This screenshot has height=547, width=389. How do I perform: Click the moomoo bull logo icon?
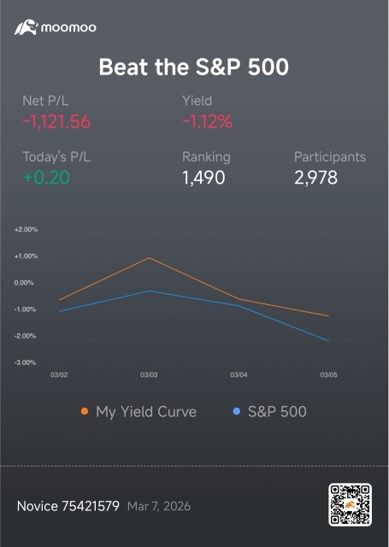tap(26, 27)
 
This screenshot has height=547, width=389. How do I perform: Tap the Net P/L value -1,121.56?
tap(56, 121)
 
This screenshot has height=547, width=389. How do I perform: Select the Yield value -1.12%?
tap(207, 121)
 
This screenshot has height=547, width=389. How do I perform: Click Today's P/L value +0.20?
tap(46, 178)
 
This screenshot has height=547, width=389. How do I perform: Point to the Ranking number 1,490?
tap(203, 178)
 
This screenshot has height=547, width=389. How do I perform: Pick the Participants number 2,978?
tap(315, 178)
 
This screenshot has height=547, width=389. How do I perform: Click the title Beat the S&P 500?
tap(194, 67)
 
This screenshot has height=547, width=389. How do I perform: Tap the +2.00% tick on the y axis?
tap(26, 230)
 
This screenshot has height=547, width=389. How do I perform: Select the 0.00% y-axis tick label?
tap(24, 283)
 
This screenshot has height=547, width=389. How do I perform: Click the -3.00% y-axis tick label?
tap(25, 362)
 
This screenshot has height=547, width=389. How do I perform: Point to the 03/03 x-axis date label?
tap(149, 375)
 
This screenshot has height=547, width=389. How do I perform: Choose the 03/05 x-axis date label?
tap(328, 375)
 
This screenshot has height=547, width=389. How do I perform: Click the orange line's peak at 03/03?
tap(150, 258)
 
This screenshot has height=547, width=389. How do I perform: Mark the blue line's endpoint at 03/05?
tap(328, 341)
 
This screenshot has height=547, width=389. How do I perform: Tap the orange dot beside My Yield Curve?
tap(85, 411)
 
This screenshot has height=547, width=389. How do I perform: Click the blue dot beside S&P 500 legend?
tap(237, 411)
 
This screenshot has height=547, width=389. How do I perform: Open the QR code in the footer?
tap(350, 504)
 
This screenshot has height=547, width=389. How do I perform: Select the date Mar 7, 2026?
tap(159, 506)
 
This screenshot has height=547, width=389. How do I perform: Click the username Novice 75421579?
tap(68, 506)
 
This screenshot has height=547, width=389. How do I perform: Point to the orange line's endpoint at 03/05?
tap(328, 316)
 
